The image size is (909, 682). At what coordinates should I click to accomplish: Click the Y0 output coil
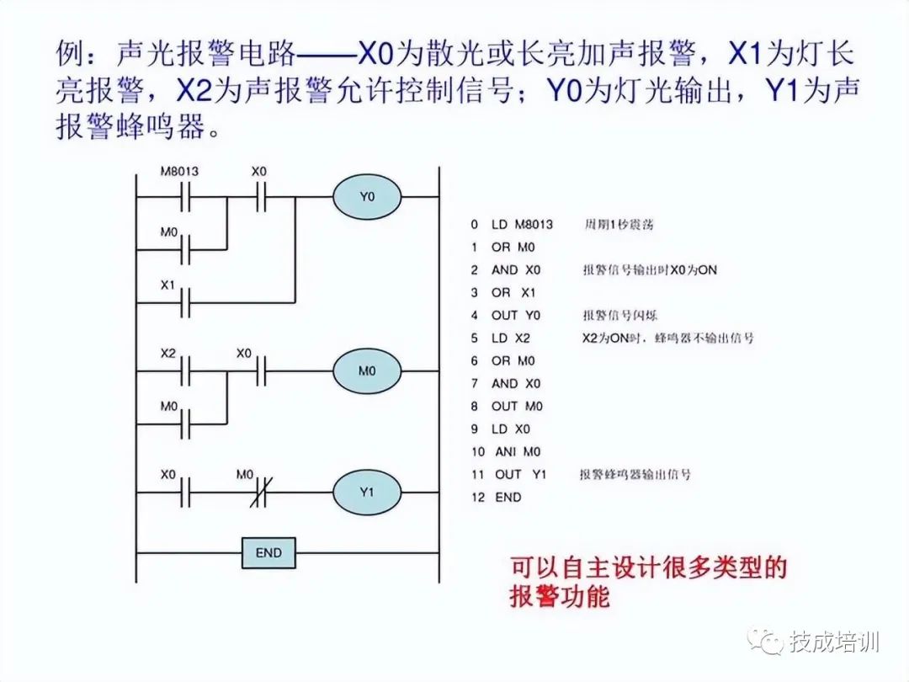click(366, 198)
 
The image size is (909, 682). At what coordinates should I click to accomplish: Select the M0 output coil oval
click(367, 370)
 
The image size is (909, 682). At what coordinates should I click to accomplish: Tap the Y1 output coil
click(367, 493)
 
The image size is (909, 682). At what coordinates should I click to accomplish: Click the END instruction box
click(268, 553)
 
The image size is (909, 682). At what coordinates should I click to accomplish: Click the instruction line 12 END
click(497, 498)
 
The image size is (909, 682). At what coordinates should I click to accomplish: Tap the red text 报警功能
click(559, 597)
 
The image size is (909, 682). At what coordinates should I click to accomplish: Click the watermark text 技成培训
click(834, 642)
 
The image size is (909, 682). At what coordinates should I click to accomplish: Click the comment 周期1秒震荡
click(619, 225)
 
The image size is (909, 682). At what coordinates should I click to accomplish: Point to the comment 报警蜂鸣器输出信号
click(635, 475)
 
